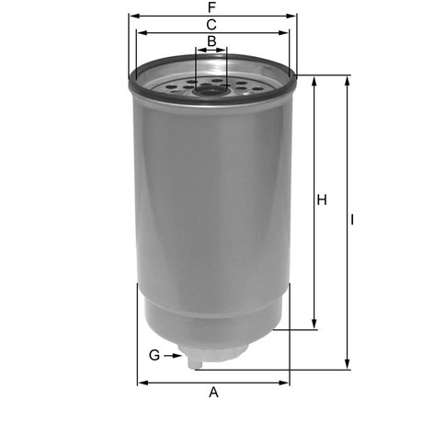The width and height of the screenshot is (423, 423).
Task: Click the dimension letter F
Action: tap(212, 7)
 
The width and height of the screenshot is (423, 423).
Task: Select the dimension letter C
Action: tap(211, 24)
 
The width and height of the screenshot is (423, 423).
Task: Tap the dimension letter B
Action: tap(211, 41)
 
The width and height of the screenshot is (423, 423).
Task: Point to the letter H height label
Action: tap(322, 200)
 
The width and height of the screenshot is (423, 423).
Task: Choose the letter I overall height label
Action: tap(354, 221)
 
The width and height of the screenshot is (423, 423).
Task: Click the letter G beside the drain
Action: tap(154, 355)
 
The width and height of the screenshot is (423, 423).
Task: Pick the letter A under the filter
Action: tap(213, 393)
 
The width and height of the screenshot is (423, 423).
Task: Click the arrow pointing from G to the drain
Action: tap(173, 355)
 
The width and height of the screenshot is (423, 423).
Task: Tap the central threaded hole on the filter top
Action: tap(211, 88)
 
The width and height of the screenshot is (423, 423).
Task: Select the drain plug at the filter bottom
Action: tap(196, 361)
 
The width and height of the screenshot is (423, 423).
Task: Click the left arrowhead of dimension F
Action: tap(132, 17)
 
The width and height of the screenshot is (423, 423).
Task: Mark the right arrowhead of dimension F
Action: tap(294, 17)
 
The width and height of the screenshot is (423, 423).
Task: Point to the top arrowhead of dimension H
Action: tap(315, 80)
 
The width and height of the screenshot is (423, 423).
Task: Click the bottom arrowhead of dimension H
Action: tap(315, 325)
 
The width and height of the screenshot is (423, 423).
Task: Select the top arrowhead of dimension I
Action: tap(347, 80)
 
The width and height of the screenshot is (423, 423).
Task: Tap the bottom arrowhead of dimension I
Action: tap(347, 365)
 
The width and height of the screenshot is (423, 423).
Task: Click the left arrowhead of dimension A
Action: tap(142, 383)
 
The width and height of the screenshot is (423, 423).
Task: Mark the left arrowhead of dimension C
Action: tap(140, 33)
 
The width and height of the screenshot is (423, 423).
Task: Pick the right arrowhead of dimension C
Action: tap(285, 33)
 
